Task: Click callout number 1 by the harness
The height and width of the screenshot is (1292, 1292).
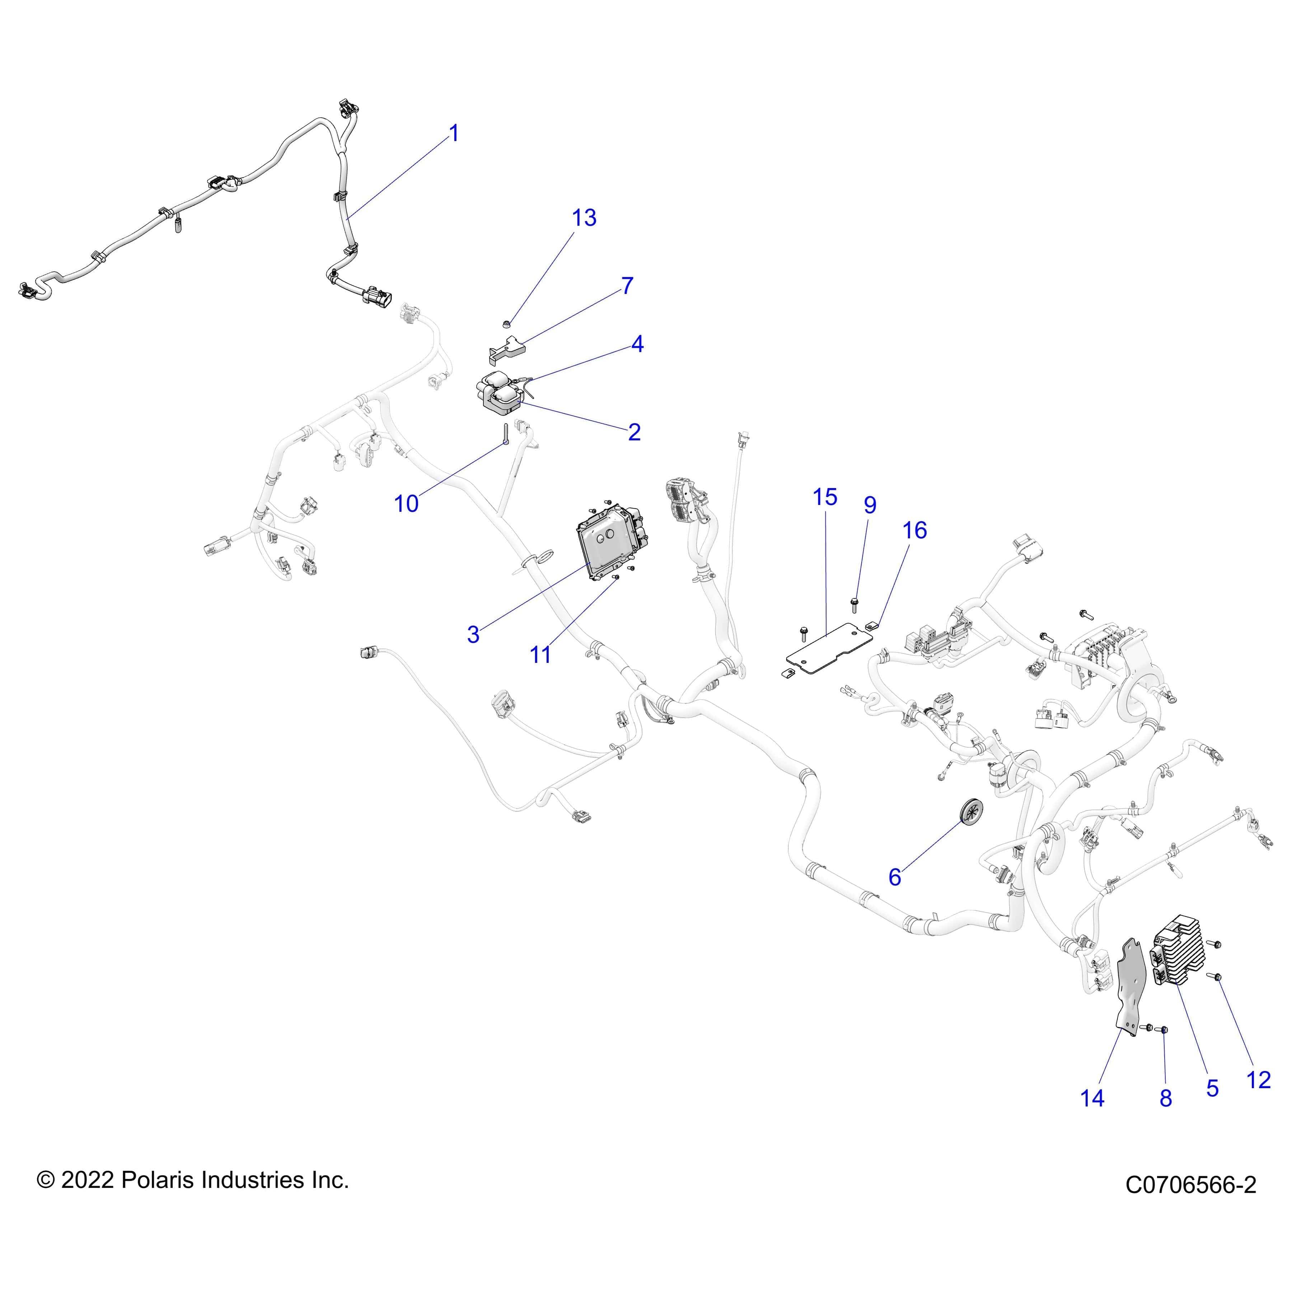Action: pyautogui.click(x=454, y=134)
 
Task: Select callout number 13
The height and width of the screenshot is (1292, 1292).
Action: pyautogui.click(x=584, y=218)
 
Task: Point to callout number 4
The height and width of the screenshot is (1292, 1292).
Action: pyautogui.click(x=637, y=345)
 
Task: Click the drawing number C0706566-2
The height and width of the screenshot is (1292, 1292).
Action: pyautogui.click(x=1190, y=1204)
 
